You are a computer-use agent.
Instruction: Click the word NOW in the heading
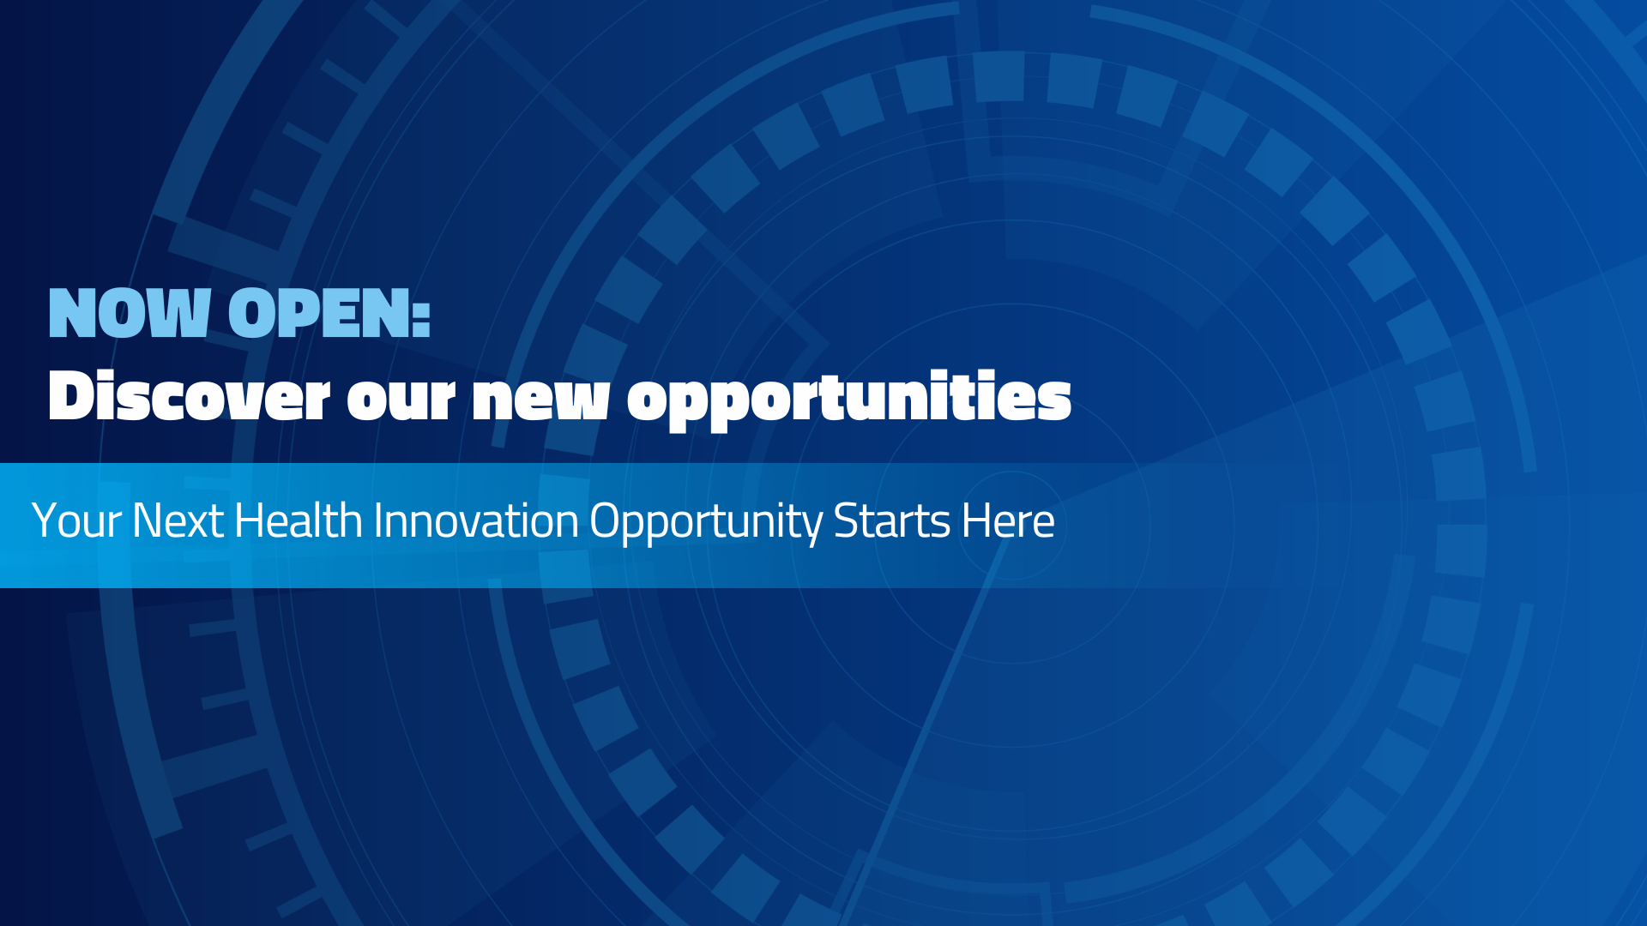[130, 313]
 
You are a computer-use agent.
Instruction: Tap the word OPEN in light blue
[318, 313]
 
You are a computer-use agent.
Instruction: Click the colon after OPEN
[420, 315]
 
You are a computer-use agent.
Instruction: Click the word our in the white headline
[400, 398]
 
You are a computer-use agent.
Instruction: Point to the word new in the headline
[540, 398]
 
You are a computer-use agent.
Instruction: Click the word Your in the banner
[76, 520]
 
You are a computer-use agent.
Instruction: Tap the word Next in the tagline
[178, 520]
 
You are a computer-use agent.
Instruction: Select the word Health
[298, 520]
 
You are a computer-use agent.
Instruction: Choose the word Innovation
[476, 520]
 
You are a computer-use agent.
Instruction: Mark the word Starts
[891, 520]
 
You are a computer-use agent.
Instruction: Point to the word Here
[1008, 520]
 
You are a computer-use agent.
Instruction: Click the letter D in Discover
[69, 396]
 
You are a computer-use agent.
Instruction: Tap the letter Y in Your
[42, 520]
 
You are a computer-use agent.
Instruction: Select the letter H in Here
[974, 520]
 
